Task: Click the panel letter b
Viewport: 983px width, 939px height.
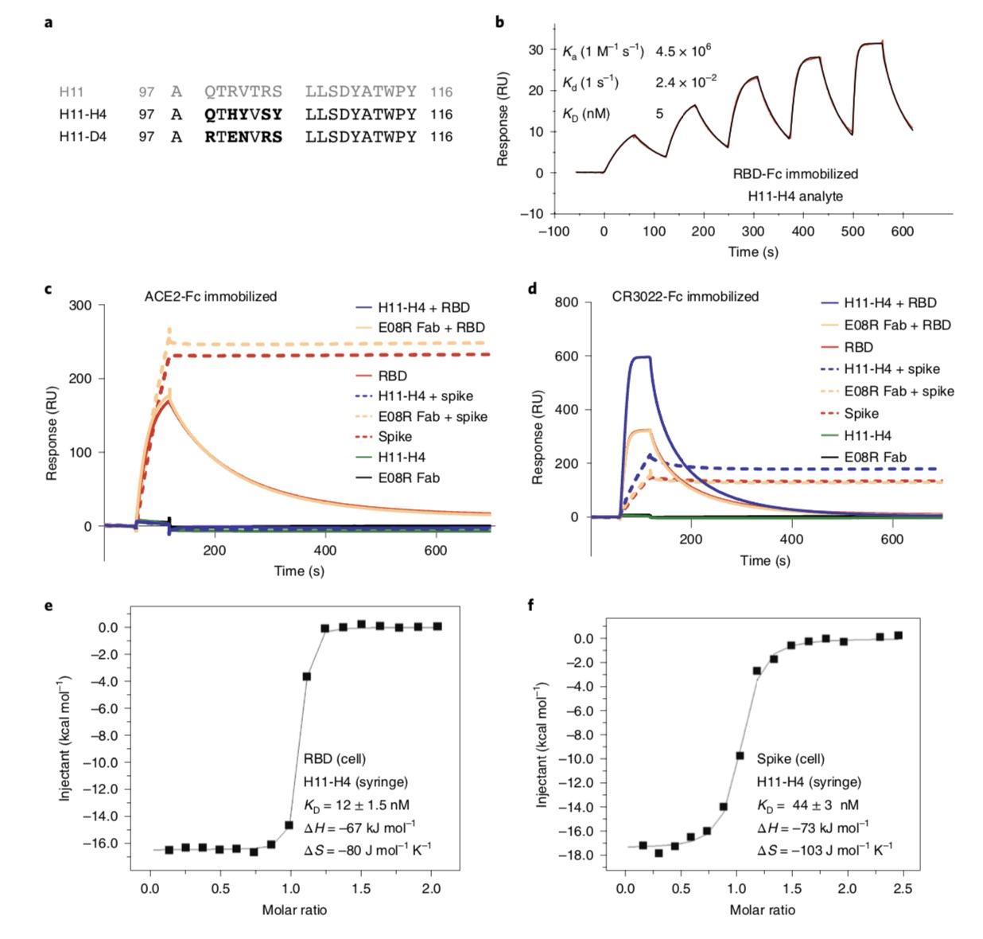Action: (x=499, y=22)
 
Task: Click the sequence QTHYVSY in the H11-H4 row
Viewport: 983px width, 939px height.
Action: (x=243, y=115)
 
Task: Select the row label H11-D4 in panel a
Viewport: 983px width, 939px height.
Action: (x=83, y=137)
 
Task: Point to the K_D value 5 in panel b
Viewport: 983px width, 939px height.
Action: (x=659, y=114)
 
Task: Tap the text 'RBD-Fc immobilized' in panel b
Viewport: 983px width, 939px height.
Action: (x=795, y=173)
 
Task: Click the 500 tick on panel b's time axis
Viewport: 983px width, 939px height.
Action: (x=853, y=232)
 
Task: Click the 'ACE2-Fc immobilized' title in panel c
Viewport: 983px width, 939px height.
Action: (x=211, y=297)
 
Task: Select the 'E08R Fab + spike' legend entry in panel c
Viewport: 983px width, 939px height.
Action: (x=432, y=417)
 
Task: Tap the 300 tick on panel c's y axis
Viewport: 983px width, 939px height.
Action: (x=80, y=306)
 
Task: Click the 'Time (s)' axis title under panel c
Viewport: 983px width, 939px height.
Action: (x=299, y=571)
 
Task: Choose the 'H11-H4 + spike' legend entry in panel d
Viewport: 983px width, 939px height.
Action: (x=892, y=369)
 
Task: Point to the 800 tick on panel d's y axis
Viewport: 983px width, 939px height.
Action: (x=566, y=302)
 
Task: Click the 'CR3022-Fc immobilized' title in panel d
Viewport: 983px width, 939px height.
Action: (x=685, y=297)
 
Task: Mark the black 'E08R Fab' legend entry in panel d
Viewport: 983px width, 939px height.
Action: (x=875, y=458)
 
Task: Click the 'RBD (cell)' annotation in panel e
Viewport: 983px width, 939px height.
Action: (x=335, y=759)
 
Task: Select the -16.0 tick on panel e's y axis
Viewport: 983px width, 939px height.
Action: (x=103, y=843)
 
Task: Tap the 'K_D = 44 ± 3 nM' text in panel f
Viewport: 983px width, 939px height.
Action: (x=807, y=805)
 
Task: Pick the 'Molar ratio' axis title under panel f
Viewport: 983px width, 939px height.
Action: (x=762, y=910)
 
